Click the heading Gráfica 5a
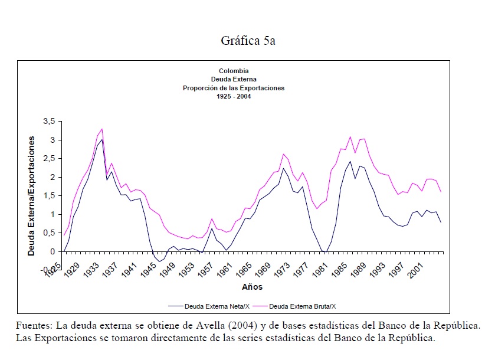[248, 41]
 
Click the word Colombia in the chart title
[234, 71]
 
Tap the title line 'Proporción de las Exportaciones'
[234, 87]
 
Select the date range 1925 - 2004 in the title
[234, 96]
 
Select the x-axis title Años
[252, 287]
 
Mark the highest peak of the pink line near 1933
[102, 129]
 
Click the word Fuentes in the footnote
[33, 326]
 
